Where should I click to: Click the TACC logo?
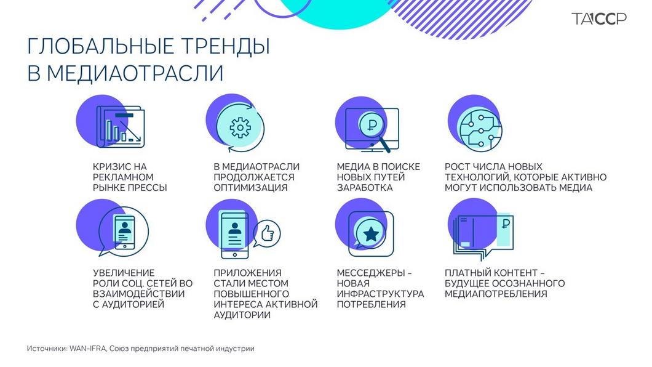click(598, 19)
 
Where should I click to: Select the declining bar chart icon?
click(120, 127)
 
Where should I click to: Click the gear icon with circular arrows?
click(238, 127)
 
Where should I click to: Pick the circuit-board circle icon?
click(475, 126)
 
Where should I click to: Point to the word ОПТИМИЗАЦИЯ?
click(250, 188)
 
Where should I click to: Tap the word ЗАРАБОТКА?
click(364, 188)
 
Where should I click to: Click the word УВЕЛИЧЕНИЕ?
click(123, 272)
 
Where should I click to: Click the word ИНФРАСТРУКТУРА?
click(380, 294)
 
